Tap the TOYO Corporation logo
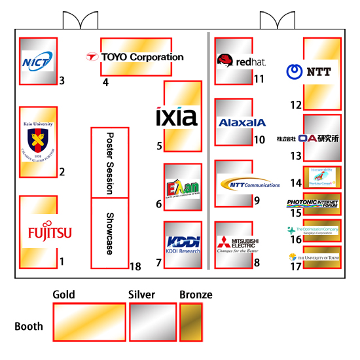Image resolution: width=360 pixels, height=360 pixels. click(x=135, y=57)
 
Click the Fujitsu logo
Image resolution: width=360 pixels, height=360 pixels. click(x=50, y=232)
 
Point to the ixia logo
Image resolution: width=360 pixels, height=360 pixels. click(x=177, y=117)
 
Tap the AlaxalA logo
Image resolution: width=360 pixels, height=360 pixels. click(x=242, y=122)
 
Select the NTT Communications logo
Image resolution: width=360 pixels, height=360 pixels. click(x=249, y=184)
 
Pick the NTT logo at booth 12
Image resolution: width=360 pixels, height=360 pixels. click(x=310, y=71)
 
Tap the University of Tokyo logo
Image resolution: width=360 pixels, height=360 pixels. click(x=314, y=257)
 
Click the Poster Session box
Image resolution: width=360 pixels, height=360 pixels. click(x=109, y=162)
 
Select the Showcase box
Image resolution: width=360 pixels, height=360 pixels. click(x=109, y=233)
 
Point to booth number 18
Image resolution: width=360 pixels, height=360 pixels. click(x=135, y=266)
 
